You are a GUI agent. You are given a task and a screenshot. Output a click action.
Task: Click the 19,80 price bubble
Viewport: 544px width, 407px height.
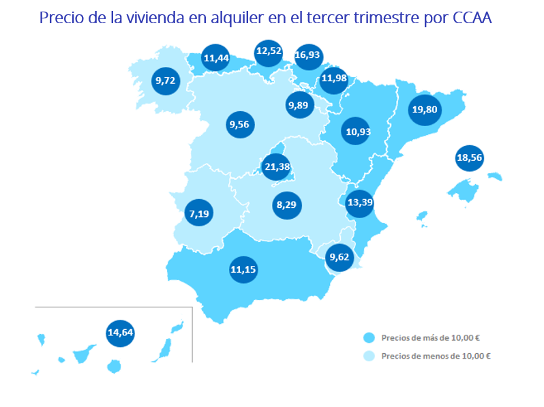[x=424, y=110]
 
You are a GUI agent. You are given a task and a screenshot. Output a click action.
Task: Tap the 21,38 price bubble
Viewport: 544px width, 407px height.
[x=277, y=166]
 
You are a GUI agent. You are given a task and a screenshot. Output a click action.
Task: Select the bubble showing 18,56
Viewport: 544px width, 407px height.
[x=469, y=157]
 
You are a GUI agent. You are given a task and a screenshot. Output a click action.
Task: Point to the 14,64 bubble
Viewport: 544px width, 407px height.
[x=120, y=333]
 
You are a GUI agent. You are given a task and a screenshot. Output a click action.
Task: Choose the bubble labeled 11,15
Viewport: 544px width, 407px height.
[x=243, y=269]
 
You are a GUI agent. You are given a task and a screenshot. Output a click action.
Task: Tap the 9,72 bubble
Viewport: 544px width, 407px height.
[x=166, y=81]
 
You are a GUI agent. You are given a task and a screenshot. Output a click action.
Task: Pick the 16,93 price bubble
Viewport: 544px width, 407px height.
[x=307, y=55]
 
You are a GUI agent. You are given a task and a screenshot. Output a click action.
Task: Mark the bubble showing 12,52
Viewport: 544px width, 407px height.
[x=268, y=52]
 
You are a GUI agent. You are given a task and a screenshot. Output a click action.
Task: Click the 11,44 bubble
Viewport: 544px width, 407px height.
[x=216, y=59]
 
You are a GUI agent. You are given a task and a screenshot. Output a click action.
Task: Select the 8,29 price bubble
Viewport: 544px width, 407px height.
[x=287, y=203]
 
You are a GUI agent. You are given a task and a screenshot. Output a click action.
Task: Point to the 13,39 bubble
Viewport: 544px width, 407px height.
[x=359, y=202]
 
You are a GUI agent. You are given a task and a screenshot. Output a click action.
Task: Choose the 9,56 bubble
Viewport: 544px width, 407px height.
[x=239, y=124]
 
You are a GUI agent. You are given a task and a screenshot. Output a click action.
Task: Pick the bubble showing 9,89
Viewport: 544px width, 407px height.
[x=300, y=105]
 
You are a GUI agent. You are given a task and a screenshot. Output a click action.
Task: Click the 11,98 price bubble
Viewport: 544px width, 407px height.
[x=334, y=78]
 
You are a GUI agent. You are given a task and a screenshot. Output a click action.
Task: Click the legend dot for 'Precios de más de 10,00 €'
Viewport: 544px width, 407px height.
[x=369, y=337]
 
